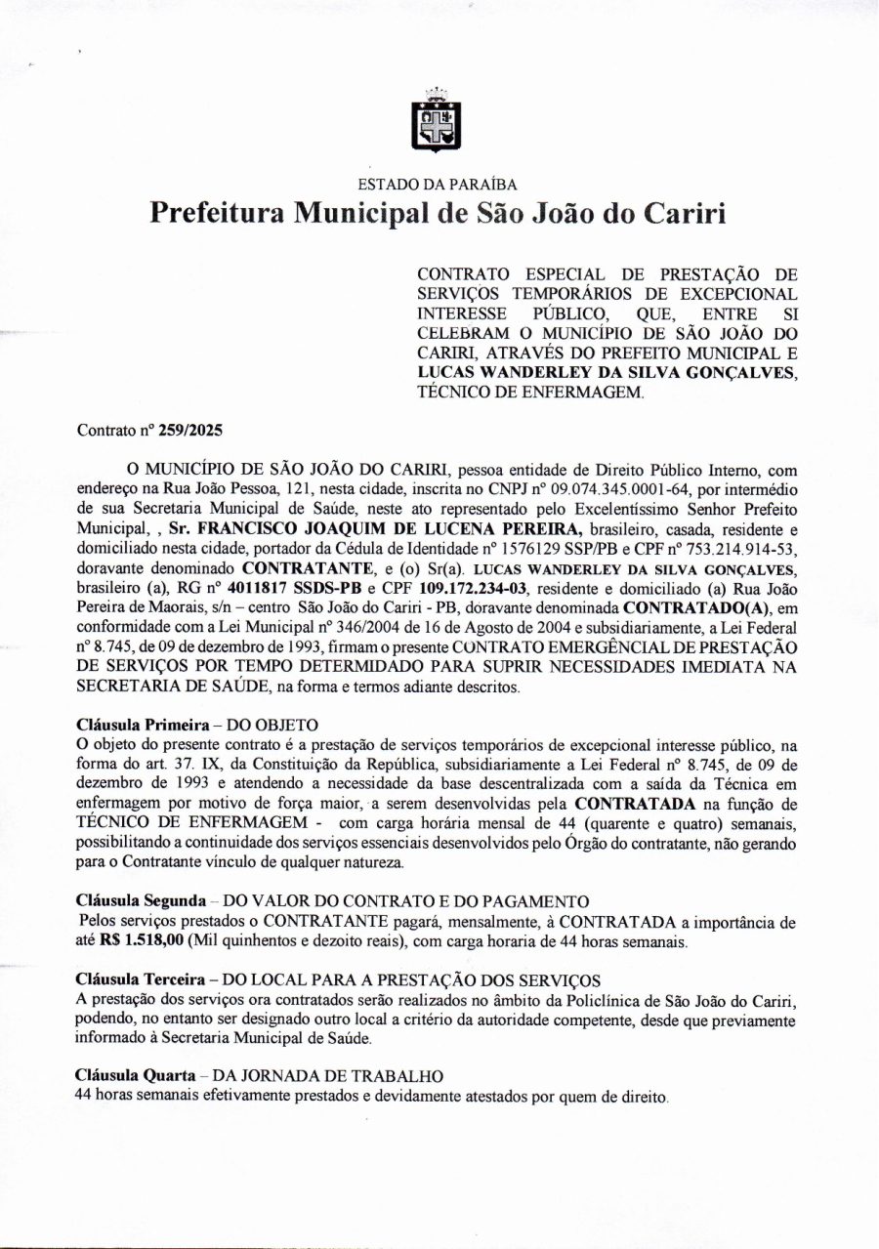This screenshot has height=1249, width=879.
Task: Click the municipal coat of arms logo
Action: (438, 122)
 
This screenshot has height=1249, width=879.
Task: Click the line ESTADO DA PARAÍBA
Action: (438, 184)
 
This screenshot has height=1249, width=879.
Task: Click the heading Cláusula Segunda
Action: (141, 899)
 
